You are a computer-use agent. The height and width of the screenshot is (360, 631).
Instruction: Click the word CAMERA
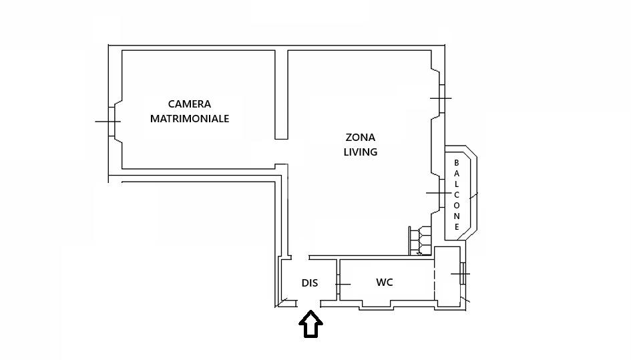(190, 104)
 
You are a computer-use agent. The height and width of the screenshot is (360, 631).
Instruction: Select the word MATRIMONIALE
(190, 119)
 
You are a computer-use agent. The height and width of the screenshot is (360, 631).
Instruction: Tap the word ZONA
(360, 138)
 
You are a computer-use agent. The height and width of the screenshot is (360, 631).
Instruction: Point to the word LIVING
(360, 152)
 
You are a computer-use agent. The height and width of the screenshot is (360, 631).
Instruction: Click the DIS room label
(309, 283)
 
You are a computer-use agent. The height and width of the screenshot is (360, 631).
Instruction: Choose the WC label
(384, 283)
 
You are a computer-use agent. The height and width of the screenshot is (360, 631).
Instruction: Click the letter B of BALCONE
(457, 163)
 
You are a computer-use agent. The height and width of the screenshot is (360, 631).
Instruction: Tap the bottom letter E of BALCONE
(457, 227)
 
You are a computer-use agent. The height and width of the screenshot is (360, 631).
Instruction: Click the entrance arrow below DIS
(310, 325)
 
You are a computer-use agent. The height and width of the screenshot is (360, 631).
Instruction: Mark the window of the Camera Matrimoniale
(108, 122)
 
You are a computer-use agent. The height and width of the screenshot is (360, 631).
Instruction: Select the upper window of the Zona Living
(441, 98)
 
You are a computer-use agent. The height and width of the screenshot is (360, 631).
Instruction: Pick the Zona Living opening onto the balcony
(439, 193)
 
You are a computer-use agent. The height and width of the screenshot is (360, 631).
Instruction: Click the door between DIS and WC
(340, 285)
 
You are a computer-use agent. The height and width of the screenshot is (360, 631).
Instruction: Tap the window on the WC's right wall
(462, 275)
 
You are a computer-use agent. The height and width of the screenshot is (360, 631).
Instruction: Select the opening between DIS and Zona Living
(300, 257)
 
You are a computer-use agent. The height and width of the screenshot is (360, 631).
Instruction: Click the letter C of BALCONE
(457, 195)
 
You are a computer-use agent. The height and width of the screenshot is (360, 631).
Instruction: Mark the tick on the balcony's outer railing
(473, 196)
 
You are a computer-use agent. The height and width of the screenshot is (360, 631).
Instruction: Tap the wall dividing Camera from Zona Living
(281, 94)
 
